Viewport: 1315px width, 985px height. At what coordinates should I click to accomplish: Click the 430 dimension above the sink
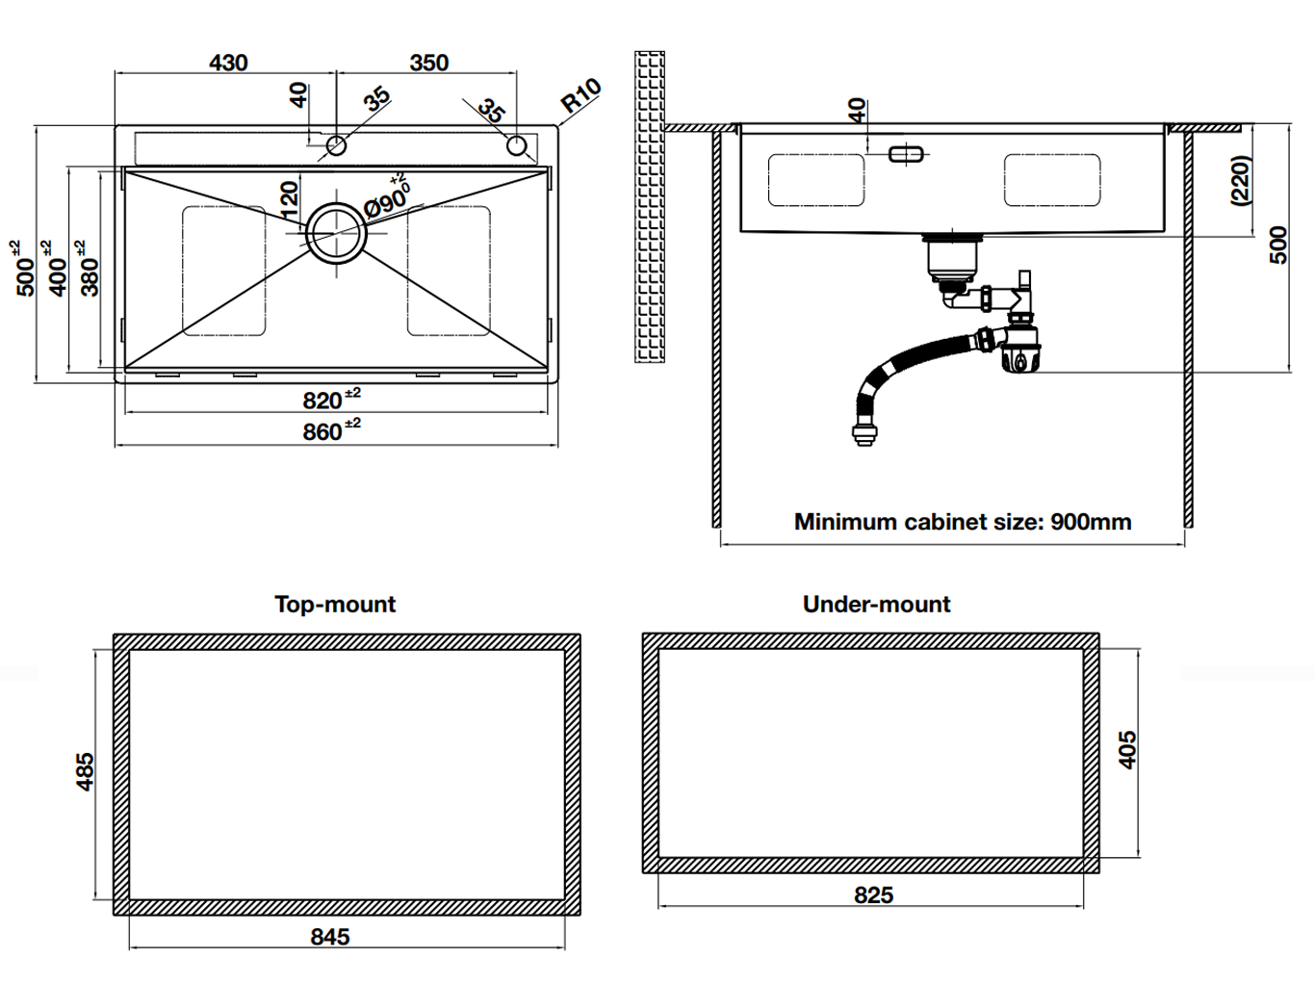[x=228, y=63]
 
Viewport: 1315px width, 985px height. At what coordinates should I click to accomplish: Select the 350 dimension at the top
[x=428, y=63]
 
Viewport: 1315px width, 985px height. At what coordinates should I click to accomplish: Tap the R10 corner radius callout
[x=580, y=95]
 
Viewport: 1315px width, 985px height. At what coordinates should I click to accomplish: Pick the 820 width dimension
[x=322, y=401]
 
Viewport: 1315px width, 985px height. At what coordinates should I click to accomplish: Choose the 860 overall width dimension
[x=323, y=432]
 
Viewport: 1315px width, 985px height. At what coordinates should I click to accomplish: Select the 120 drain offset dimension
[x=290, y=199]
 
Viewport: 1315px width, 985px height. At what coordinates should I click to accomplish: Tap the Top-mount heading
[x=335, y=605]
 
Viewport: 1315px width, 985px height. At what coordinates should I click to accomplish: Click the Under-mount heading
[x=876, y=605]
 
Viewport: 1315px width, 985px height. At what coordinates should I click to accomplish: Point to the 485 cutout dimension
[x=85, y=772]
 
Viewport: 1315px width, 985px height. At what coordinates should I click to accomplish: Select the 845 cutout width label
[x=330, y=937]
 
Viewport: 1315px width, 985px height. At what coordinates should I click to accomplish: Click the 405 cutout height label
[x=1127, y=750]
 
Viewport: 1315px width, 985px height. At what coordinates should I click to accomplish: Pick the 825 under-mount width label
[x=873, y=895]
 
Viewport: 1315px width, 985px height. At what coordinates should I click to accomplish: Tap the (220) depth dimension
[x=1241, y=180]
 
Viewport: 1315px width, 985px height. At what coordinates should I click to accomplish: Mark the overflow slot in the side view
[x=906, y=153]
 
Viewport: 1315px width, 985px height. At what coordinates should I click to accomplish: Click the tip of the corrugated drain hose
[x=864, y=438]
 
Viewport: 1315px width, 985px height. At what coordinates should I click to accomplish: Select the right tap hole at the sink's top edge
[x=517, y=146]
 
